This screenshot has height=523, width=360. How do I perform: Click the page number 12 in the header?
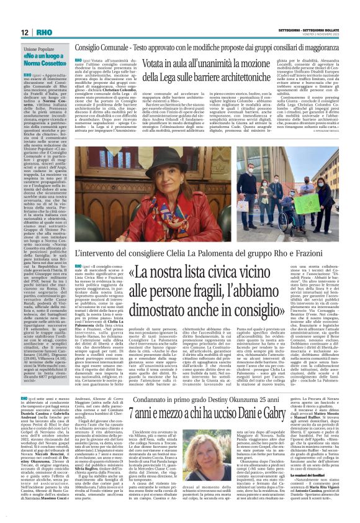tap(24, 32)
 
